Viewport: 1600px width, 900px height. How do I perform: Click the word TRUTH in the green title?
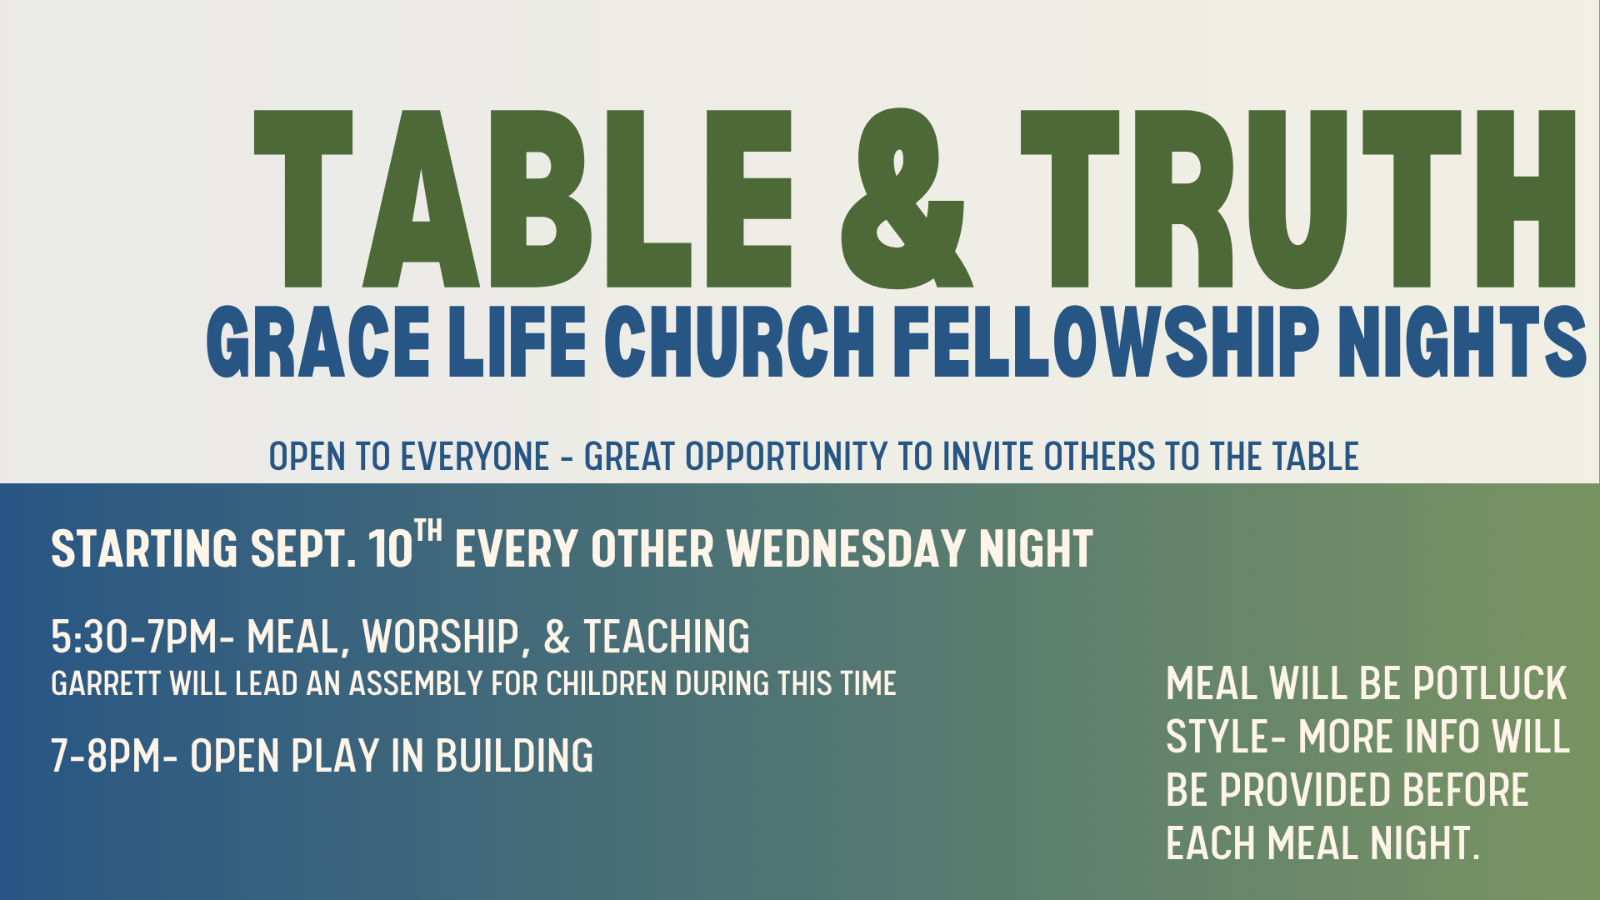click(1298, 198)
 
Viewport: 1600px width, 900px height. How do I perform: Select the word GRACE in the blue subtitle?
click(318, 342)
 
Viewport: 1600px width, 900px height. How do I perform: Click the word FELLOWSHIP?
click(1107, 342)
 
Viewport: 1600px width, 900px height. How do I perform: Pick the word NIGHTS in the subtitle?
click(1462, 342)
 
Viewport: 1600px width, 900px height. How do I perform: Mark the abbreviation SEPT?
click(303, 548)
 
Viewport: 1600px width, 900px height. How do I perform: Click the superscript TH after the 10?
click(428, 531)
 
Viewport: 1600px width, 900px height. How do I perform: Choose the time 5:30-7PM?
click(134, 637)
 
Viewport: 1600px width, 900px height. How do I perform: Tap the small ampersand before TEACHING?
click(557, 637)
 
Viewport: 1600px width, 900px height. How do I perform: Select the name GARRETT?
click(105, 684)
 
